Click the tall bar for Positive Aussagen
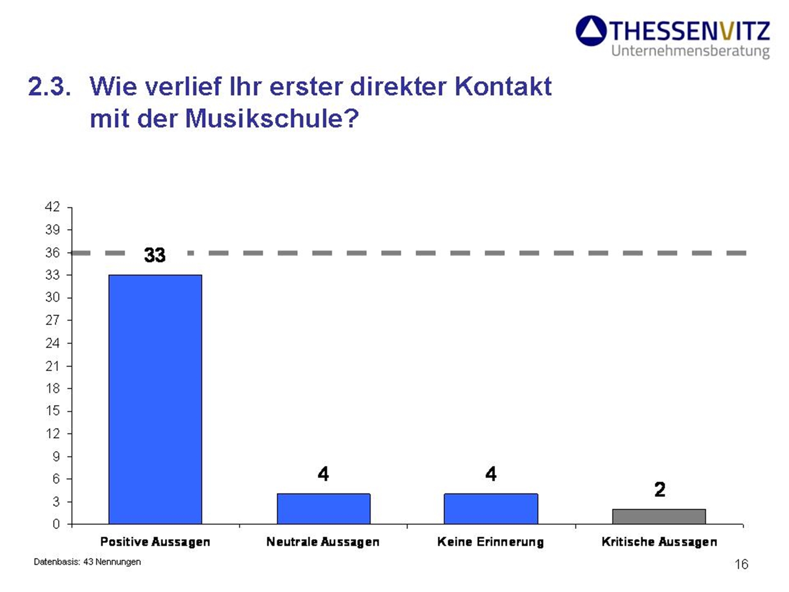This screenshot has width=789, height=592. pos(155,399)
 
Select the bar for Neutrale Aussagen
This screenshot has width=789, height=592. pos(323,509)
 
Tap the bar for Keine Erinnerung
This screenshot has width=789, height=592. pos(491,509)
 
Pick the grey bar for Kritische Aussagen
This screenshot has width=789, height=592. pos(659,516)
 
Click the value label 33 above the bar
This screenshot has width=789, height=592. pos(155,255)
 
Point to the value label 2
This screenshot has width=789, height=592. pos(660,489)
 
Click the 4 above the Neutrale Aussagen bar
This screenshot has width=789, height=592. pos(323,474)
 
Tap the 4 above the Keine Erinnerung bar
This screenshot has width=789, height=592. pos(491,474)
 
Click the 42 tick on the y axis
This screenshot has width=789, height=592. pos(53,207)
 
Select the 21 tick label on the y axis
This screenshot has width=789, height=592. pos(53,366)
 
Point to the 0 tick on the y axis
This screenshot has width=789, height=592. pos(56,524)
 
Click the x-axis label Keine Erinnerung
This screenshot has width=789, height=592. pos(490,542)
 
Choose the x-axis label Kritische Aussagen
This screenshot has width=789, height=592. pos(659,542)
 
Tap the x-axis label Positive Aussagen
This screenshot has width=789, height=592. pos(155,542)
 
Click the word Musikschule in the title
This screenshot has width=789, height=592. pos(272,118)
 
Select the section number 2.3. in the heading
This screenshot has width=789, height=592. pos(49,86)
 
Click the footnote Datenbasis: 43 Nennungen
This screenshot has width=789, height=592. pos(87,562)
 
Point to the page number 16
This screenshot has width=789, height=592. pos(741,564)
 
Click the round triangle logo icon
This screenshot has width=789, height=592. pos(591,31)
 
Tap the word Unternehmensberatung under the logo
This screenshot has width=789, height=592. pos(690,51)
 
